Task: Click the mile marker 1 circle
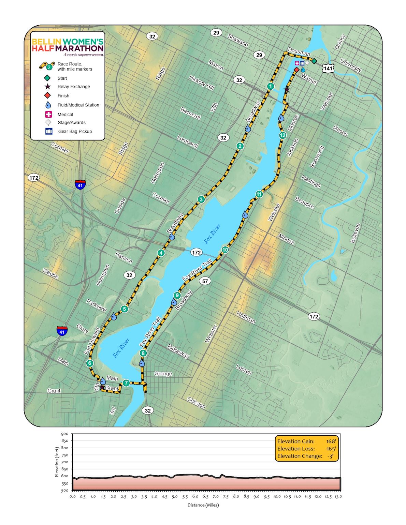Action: point(271,86)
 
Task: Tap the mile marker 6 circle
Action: point(90,363)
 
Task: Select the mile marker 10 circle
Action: point(225,250)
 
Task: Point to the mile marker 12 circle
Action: point(282,135)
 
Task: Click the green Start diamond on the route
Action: point(314,61)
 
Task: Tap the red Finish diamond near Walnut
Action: point(296,70)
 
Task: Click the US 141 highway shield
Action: point(328,68)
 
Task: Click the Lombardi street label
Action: point(188,142)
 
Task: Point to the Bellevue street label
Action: point(355,233)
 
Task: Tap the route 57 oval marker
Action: point(205,281)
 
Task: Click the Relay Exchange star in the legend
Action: point(48,87)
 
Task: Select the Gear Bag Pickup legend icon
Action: point(49,131)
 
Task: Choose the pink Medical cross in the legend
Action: point(49,115)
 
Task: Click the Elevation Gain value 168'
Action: point(331,441)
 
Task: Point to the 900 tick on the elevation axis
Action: point(65,434)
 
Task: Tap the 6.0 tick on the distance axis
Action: point(195,496)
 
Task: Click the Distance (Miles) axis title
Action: point(203,505)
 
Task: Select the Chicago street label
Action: point(196,403)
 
